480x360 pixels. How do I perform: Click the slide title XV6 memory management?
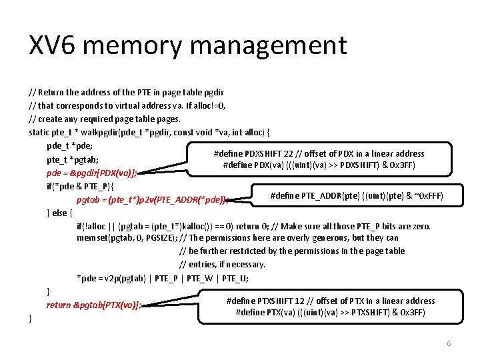coord(187,46)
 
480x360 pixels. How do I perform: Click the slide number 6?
coord(449,343)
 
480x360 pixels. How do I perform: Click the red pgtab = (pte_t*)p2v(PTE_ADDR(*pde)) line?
coord(153,199)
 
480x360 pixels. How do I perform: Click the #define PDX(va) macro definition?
coord(319,165)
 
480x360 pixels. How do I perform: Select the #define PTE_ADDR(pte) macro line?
coord(357,195)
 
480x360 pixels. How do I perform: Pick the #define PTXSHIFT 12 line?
coord(331,301)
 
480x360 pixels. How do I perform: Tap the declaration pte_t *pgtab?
coord(73,159)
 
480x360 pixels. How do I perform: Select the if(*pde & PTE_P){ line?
coord(80,186)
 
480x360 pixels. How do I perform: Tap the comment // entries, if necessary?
coord(222,264)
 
